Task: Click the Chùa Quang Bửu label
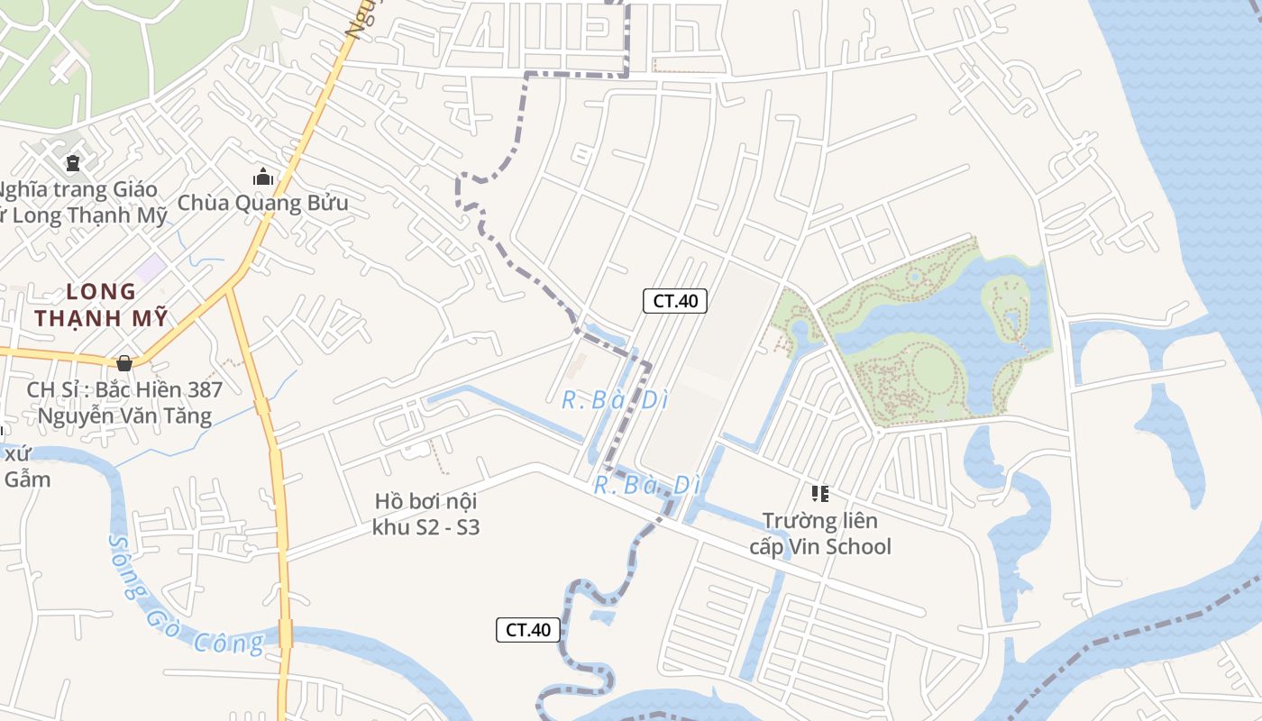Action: point(262,203)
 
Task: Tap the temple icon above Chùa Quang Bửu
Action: point(263,177)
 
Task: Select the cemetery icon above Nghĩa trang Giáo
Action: point(73,163)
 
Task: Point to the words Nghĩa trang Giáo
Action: point(79,190)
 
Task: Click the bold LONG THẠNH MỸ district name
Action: point(101,305)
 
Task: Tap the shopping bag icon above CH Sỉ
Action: point(124,362)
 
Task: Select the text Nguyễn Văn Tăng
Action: point(124,415)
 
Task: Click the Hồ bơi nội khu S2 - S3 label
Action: point(425,514)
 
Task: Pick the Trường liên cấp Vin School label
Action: point(820,534)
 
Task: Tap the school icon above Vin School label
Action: point(819,493)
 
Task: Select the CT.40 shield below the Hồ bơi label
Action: point(528,630)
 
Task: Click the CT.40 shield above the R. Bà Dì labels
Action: point(674,301)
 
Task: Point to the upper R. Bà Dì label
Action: point(615,400)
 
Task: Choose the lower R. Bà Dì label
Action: point(646,485)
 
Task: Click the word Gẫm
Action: point(27,479)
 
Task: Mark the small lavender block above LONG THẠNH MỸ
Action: point(151,268)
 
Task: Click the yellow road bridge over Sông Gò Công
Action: point(286,633)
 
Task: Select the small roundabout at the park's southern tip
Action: point(877,432)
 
